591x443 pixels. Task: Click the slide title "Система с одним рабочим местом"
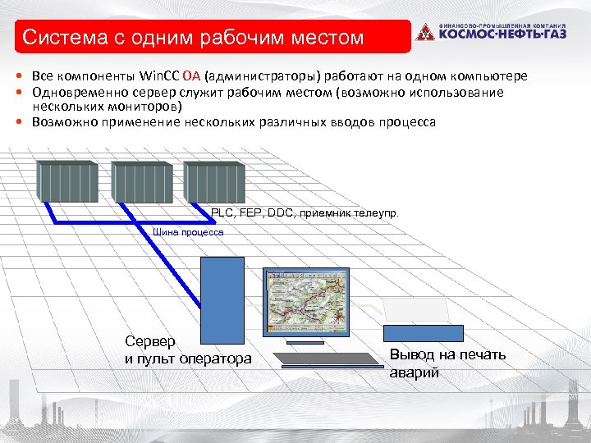coord(192,38)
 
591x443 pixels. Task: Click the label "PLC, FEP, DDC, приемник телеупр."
coord(305,212)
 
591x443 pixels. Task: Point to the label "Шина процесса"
coord(188,232)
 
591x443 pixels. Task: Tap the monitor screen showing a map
coord(300,301)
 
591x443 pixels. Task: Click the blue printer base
coord(423,332)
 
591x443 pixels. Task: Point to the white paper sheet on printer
coord(416,309)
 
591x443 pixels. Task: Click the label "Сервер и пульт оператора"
coord(188,350)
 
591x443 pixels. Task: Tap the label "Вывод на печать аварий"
coord(447,363)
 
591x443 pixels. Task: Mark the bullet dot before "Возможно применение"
coord(18,122)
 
